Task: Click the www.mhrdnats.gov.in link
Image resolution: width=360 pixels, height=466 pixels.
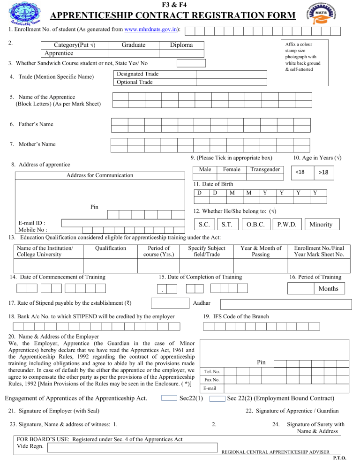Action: pyautogui.click(x=151, y=29)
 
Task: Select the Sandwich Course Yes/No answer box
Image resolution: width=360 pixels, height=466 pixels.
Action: pyautogui.click(x=191, y=63)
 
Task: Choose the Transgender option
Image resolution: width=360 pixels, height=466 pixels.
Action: pyautogui.click(x=265, y=169)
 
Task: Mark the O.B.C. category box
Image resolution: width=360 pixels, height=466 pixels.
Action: pyautogui.click(x=257, y=224)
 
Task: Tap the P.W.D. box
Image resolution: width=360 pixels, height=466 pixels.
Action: pyautogui.click(x=286, y=224)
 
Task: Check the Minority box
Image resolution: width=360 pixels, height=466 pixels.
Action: pyautogui.click(x=320, y=224)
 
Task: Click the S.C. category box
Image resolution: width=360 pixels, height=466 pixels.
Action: pyautogui.click(x=203, y=224)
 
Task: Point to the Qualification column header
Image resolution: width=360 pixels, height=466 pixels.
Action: pyautogui.click(x=110, y=248)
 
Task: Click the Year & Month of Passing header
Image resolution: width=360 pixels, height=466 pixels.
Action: pyautogui.click(x=261, y=251)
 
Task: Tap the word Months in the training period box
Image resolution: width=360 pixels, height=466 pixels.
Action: pyautogui.click(x=328, y=288)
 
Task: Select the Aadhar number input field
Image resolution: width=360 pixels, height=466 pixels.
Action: pyautogui.click(x=286, y=304)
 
